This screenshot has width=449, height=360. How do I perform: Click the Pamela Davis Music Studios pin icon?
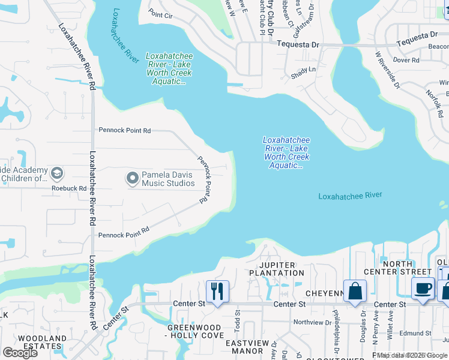pos(132,178)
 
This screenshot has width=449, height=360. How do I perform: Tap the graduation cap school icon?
pos(56,174)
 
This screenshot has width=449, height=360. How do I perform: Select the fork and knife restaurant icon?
pos(217,292)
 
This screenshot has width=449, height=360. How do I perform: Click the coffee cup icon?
pos(423,289)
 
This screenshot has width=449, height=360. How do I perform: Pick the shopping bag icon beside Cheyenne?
pos(355,291)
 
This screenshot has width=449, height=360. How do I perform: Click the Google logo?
pos(20,353)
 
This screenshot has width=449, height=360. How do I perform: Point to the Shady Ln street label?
pos(303,70)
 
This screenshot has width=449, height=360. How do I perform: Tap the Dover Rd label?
pos(406,60)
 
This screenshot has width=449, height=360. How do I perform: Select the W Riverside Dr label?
pos(388,70)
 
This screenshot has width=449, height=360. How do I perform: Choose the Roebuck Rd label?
pos(70,188)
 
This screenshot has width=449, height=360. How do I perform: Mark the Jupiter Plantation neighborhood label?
pos(277,269)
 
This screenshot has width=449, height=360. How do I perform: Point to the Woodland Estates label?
pos(41,342)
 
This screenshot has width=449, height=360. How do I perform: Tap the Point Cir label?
pos(160,14)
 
